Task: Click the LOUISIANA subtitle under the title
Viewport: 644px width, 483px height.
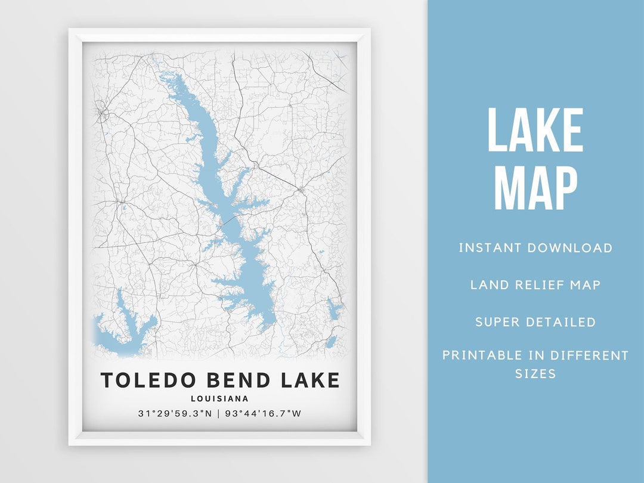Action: click(x=220, y=399)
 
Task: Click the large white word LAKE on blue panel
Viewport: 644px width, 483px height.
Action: click(x=535, y=130)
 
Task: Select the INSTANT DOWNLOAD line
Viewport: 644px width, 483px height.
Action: click(x=535, y=247)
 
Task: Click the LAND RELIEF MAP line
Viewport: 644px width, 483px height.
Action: click(x=535, y=284)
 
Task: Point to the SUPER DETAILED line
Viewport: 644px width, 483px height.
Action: click(x=535, y=322)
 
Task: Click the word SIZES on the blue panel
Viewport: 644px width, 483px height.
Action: click(x=535, y=374)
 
